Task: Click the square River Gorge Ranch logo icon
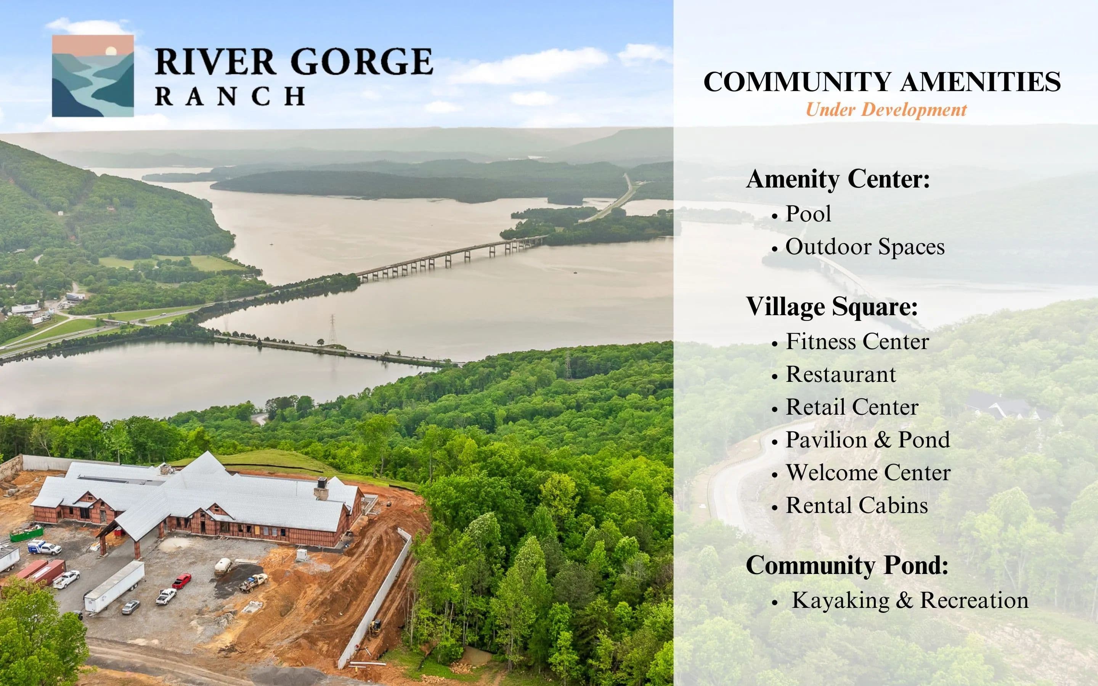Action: click(93, 76)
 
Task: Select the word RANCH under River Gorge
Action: click(230, 96)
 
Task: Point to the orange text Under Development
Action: click(886, 110)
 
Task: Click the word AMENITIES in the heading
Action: click(981, 82)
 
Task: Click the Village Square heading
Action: click(832, 306)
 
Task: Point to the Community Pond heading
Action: click(847, 565)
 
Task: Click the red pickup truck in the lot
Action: click(181, 581)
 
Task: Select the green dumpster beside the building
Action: click(27, 533)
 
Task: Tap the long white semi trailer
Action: click(114, 586)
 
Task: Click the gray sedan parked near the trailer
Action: click(131, 607)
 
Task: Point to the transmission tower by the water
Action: click(332, 329)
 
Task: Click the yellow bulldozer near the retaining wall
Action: click(375, 628)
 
